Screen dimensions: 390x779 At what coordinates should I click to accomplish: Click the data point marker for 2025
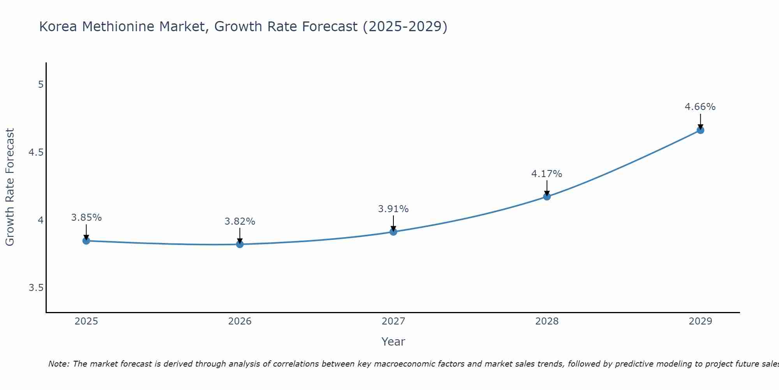click(x=86, y=241)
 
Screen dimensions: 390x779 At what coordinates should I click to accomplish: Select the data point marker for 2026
click(x=240, y=244)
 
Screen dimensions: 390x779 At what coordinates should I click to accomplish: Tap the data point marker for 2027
click(x=393, y=232)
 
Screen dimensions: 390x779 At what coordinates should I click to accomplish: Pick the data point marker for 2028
click(x=546, y=196)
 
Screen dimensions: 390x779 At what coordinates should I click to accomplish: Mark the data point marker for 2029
click(x=700, y=130)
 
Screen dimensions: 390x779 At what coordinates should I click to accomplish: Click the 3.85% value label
click(x=86, y=218)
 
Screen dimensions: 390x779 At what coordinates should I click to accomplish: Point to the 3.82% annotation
click(x=240, y=222)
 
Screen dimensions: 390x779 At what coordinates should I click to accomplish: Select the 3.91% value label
click(x=393, y=209)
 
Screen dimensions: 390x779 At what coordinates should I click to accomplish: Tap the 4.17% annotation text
click(x=546, y=174)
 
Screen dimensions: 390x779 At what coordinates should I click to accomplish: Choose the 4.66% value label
click(x=700, y=107)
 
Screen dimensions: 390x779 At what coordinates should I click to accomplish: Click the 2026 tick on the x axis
click(x=240, y=321)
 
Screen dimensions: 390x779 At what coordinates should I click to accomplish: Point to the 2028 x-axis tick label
click(x=546, y=321)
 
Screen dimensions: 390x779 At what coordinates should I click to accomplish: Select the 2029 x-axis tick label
click(x=700, y=321)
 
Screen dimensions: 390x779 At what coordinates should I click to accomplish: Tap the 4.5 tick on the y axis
click(x=36, y=152)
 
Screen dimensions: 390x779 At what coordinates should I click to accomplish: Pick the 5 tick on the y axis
click(x=41, y=85)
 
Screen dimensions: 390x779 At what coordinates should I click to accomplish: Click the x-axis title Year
click(x=393, y=342)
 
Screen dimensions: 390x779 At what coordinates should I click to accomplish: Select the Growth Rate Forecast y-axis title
click(x=10, y=187)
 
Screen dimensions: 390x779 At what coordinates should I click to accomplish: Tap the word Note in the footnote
click(x=58, y=364)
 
